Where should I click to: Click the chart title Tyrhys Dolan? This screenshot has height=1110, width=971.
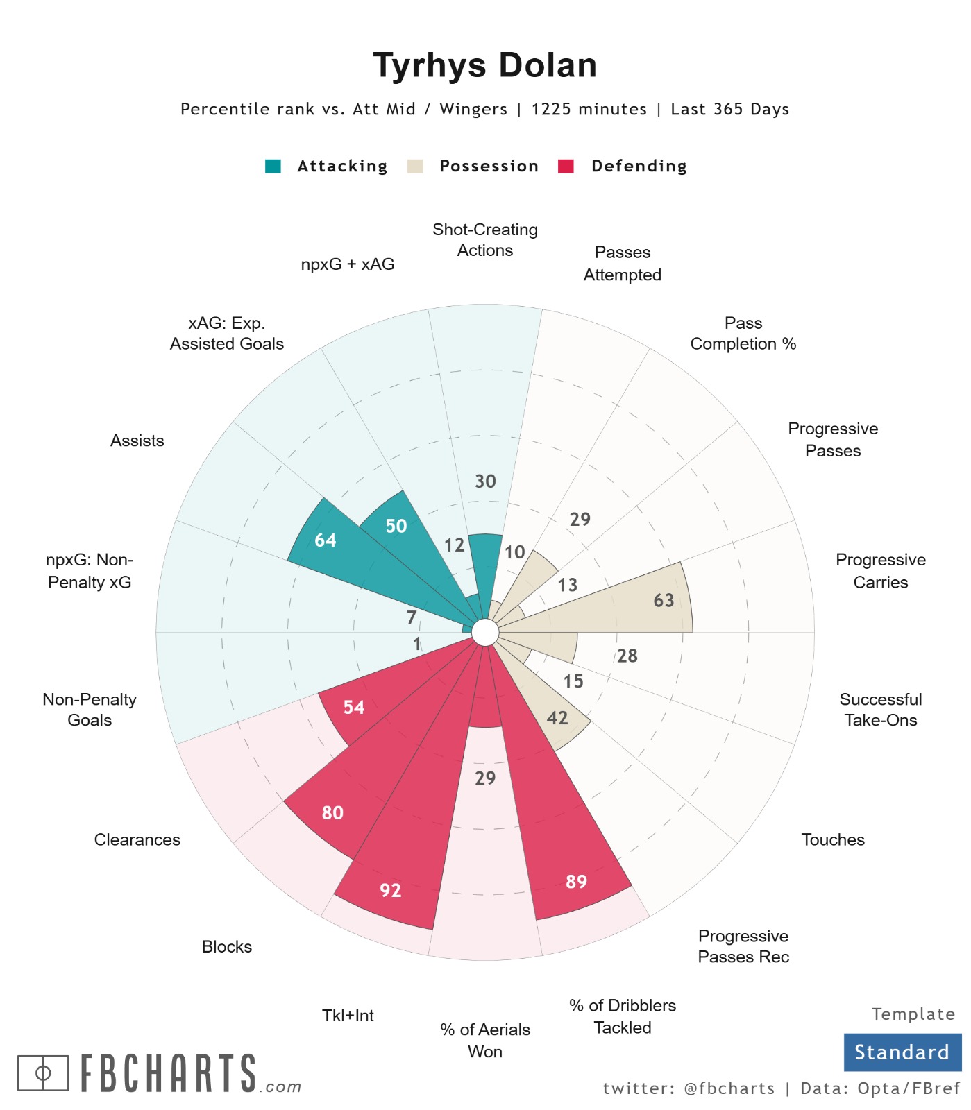(484, 66)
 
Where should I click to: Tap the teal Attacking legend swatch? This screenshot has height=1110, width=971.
(273, 166)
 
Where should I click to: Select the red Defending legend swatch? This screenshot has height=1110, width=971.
(566, 166)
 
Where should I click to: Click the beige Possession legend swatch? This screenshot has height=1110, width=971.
(415, 166)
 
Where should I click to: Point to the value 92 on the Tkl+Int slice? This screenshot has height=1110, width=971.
(390, 890)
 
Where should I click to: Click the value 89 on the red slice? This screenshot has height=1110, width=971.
(576, 881)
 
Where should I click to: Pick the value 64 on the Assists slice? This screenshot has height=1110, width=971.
(325, 540)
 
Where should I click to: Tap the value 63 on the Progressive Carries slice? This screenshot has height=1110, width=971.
(664, 600)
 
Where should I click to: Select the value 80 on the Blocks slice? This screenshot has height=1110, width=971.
(332, 812)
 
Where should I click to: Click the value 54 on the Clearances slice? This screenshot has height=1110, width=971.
(354, 707)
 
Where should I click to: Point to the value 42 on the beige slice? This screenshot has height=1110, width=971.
(557, 718)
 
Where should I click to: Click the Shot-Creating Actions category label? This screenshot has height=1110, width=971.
(484, 240)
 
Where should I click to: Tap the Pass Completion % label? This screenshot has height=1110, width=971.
(743, 334)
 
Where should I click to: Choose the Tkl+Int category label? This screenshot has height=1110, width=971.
(348, 1016)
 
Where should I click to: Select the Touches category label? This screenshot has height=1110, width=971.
(832, 840)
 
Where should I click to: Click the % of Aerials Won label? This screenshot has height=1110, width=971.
(484, 1041)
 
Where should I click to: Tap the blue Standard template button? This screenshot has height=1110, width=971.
(902, 1052)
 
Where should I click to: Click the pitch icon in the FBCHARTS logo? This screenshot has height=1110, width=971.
(43, 1073)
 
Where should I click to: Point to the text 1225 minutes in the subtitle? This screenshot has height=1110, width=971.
(589, 110)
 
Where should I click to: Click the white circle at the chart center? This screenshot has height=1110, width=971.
(485, 633)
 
